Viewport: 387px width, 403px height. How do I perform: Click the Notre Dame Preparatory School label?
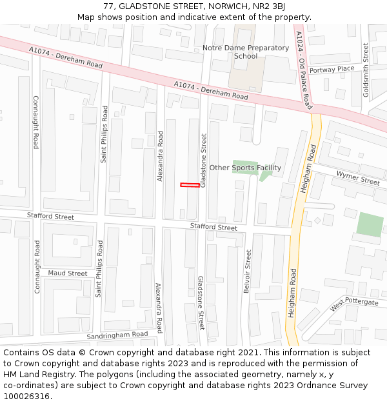(x=246, y=52)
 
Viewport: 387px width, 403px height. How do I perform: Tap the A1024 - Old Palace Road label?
(x=303, y=70)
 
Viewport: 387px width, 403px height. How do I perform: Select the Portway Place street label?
(x=332, y=69)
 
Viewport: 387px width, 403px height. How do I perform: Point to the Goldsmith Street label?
(x=366, y=70)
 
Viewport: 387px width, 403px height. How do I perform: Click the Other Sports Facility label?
(x=245, y=168)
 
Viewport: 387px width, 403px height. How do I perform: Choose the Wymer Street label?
(x=358, y=177)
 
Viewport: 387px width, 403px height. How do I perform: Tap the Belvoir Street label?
(x=247, y=271)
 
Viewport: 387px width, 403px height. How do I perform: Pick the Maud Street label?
(x=68, y=273)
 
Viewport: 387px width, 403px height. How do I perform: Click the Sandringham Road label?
(x=117, y=335)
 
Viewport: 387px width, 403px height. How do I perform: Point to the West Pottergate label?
(x=354, y=304)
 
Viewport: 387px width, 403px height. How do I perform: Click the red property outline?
(x=190, y=185)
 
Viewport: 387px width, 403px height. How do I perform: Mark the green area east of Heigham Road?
(x=370, y=224)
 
